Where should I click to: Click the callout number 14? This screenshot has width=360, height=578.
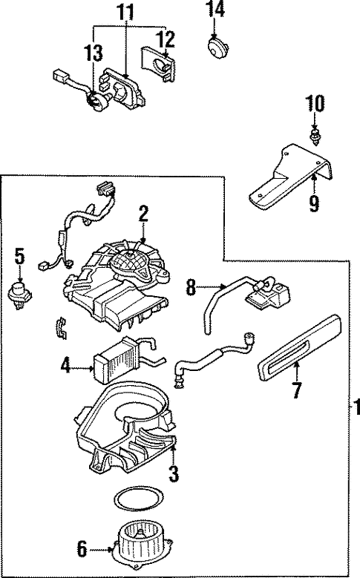[215, 10]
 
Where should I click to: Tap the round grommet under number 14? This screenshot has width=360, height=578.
[216, 47]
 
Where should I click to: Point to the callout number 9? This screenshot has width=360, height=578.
[314, 203]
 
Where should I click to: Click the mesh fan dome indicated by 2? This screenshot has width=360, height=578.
[131, 261]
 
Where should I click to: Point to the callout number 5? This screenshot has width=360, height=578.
[19, 257]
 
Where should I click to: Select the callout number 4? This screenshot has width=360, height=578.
[66, 364]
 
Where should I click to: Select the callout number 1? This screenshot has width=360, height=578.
[355, 407]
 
